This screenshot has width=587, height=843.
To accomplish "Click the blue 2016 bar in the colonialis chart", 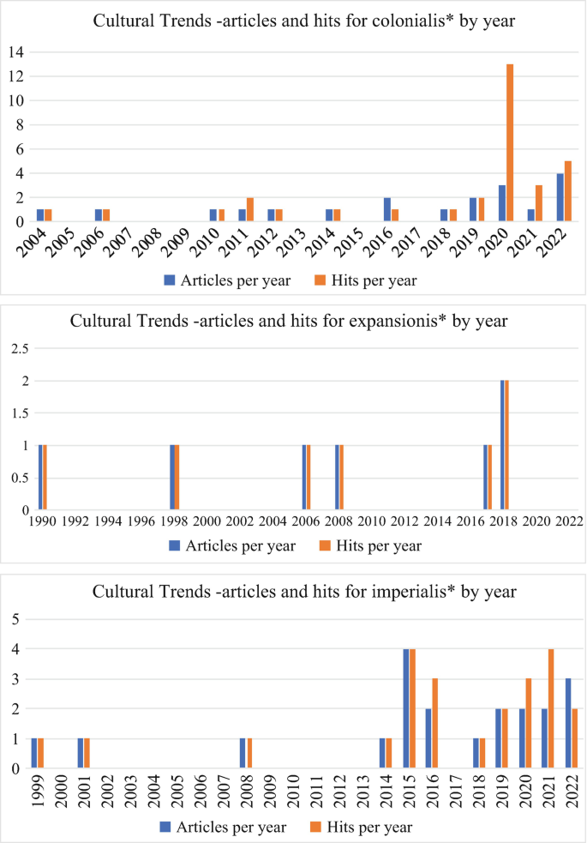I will pos(387,209).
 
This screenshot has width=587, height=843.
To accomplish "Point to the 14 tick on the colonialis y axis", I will pos(15,51).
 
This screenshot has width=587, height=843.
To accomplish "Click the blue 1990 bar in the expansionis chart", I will pos(40,478).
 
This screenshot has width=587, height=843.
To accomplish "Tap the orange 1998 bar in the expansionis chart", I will pos(177,478).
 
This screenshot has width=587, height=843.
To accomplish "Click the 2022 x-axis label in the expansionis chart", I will pos(568,520).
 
